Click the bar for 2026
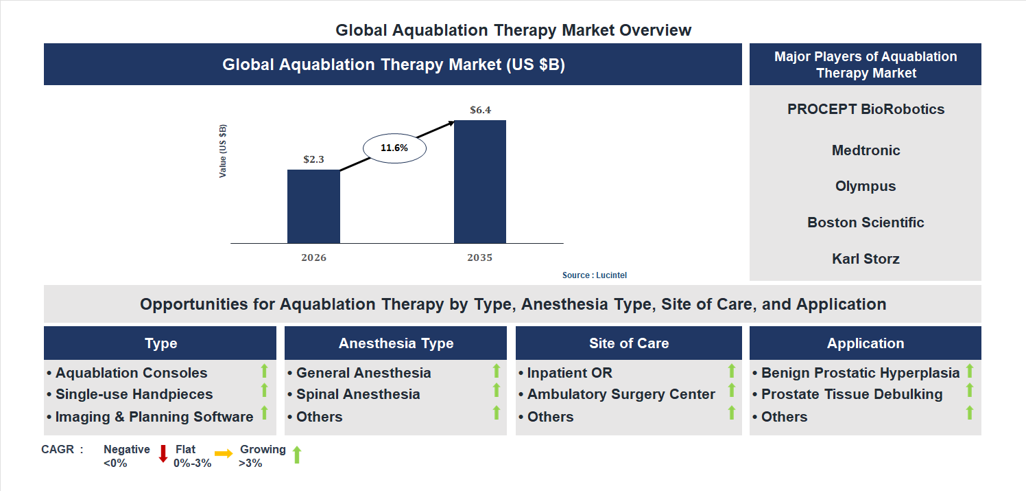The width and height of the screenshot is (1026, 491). [313, 206]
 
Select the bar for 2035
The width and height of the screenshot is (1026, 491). [480, 182]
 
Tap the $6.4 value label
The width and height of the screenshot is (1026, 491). [480, 110]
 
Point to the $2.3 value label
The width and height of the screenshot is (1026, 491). [313, 159]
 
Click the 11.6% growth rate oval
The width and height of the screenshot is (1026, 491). [394, 148]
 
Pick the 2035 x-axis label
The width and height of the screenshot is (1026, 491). [480, 258]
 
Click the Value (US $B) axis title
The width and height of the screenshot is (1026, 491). [223, 151]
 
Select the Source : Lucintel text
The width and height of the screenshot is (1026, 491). [595, 275]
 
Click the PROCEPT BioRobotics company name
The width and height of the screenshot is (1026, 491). [866, 109]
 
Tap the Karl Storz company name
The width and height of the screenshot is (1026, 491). [866, 259]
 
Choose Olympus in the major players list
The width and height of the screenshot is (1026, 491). [866, 186]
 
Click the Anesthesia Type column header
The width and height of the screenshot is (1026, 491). [396, 343]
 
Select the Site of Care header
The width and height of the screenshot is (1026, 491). [628, 343]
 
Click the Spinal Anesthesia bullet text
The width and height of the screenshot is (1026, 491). [358, 394]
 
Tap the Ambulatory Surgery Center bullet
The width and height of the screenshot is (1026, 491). [621, 394]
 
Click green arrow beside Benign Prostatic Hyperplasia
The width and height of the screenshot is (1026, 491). [970, 372]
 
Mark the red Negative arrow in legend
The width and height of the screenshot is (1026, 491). [163, 454]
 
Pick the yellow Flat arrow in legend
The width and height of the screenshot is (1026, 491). [224, 454]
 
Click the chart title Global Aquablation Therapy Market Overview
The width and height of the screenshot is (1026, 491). [513, 30]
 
